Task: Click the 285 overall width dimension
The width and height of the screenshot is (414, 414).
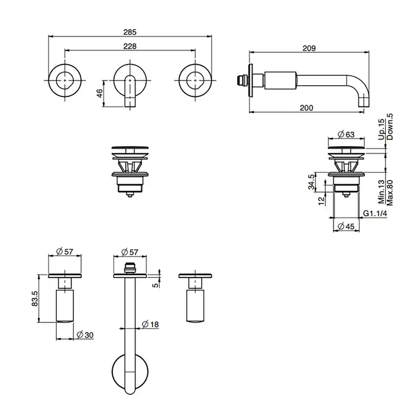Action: [x=130, y=32]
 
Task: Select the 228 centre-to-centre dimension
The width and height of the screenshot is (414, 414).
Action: [x=130, y=47]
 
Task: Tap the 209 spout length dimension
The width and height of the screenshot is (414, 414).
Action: [x=309, y=48]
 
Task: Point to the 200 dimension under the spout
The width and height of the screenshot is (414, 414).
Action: [x=306, y=108]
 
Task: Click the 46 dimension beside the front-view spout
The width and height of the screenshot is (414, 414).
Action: [x=99, y=93]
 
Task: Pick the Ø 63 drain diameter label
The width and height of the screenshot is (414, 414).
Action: [x=346, y=134]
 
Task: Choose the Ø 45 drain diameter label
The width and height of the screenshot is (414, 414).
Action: [x=346, y=227]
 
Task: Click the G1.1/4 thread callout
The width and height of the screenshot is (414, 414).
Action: [x=375, y=214]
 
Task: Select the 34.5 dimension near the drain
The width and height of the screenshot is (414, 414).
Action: [x=312, y=182]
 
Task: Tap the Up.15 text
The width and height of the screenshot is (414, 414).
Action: [x=381, y=130]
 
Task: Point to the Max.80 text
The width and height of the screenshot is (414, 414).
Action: [x=390, y=193]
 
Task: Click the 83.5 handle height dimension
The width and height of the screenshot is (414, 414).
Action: [x=35, y=298]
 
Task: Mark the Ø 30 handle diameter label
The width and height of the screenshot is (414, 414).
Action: [x=85, y=335]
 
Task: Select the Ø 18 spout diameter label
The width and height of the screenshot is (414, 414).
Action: [x=150, y=324]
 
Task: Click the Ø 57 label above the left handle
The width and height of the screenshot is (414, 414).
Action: [x=64, y=251]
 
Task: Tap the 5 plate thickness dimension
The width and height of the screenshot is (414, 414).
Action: [x=156, y=285]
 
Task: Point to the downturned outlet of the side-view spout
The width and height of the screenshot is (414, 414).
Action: [x=363, y=101]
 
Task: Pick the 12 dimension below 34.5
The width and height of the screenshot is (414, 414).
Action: [x=321, y=200]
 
